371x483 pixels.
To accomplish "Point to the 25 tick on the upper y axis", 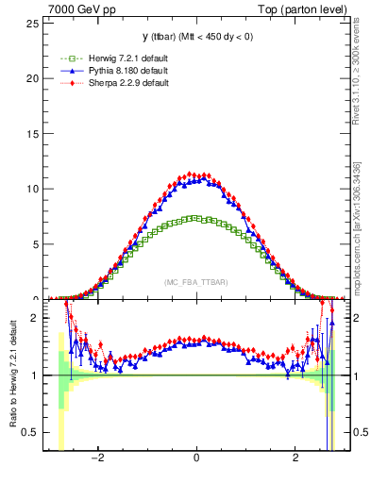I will (34, 22).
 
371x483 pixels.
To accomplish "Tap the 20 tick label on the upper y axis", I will (34, 77).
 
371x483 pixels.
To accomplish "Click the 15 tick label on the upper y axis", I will (34, 133).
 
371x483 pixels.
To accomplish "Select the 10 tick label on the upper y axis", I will (34, 189).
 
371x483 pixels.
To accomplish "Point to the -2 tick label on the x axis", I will (96, 459).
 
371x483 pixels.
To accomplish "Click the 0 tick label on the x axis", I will (196, 459).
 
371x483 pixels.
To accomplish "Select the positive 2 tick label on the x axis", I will (295, 459).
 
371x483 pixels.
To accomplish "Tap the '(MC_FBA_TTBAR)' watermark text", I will (196, 282).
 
